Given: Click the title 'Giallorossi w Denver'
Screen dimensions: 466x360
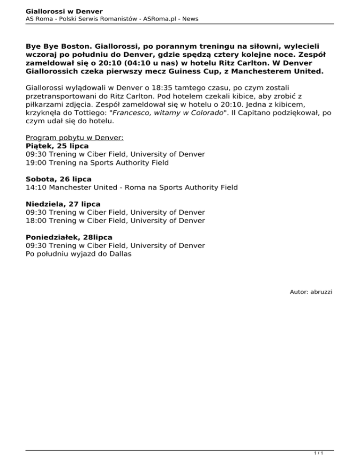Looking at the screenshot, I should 64,11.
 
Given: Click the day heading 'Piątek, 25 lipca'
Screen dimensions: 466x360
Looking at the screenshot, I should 57,146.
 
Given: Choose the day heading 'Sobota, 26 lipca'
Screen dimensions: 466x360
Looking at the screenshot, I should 59,179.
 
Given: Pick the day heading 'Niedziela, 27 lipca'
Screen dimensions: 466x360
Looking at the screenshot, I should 63,204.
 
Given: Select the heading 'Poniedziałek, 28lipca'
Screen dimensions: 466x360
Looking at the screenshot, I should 69,237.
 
